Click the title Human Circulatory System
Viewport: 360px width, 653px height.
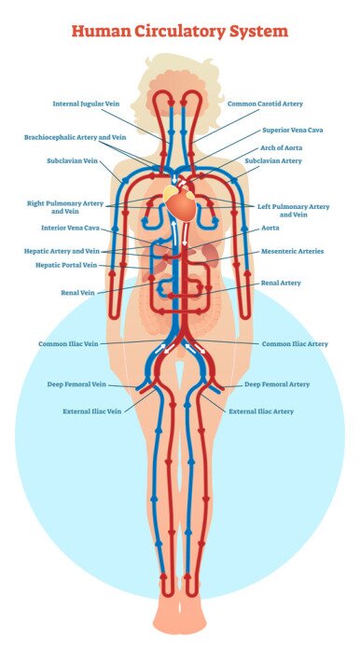pyautogui.click(x=180, y=32)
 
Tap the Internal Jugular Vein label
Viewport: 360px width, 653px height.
pyautogui.click(x=88, y=104)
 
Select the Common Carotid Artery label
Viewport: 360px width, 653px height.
pyautogui.click(x=266, y=104)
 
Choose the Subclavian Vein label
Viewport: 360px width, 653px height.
pyautogui.click(x=72, y=160)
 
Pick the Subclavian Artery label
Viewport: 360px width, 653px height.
pyautogui.click(x=273, y=160)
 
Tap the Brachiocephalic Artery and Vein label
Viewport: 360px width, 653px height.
pyautogui.click(x=75, y=137)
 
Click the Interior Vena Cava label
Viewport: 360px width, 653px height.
pyautogui.click(x=70, y=228)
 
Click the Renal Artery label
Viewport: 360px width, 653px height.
pyautogui.click(x=281, y=282)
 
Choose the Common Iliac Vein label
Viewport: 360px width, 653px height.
pyautogui.click(x=68, y=343)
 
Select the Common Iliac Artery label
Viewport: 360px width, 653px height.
pyautogui.click(x=295, y=343)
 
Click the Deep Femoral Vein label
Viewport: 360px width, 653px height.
pyautogui.click(x=76, y=383)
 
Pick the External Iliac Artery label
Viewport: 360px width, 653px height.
pyautogui.click(x=261, y=410)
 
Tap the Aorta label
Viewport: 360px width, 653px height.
pyautogui.click(x=270, y=228)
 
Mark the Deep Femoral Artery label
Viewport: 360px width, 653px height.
pyautogui.click(x=277, y=383)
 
